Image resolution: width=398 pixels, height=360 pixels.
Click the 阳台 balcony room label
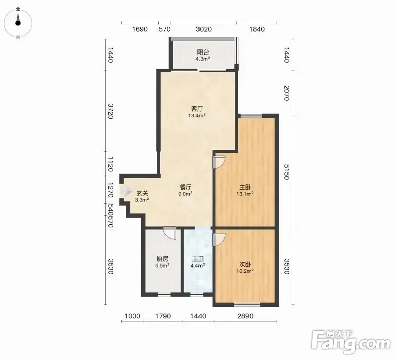point(203,52)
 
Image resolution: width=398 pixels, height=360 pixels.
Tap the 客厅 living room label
point(197,109)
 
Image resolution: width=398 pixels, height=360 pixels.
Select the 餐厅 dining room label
point(185,187)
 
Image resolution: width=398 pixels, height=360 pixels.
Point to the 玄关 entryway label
point(142,193)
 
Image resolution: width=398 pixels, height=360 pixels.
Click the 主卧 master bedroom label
point(245,187)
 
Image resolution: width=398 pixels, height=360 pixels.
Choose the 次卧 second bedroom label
point(245,265)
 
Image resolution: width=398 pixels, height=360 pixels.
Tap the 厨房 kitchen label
point(163,259)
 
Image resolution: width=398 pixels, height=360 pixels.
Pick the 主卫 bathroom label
point(198,259)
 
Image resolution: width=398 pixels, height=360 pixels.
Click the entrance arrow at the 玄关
point(126,190)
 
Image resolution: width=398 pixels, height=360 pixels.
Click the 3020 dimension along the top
point(203,29)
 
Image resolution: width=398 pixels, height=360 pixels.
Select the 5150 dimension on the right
point(287,172)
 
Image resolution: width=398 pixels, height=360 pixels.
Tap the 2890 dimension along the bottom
point(245,316)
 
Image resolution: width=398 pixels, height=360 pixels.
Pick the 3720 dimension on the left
point(110,111)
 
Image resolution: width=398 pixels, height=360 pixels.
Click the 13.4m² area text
point(197,116)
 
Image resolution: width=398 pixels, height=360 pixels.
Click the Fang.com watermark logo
point(351,342)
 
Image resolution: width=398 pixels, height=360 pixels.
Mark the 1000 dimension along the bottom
point(132,316)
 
